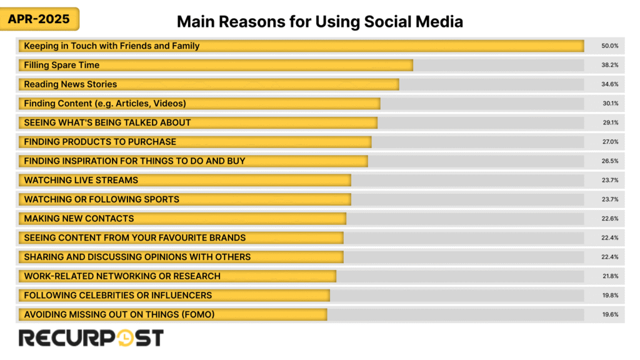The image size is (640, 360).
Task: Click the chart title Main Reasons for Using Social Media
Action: (319, 22)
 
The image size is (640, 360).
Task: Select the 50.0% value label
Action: (610, 46)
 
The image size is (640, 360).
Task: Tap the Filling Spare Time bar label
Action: (62, 65)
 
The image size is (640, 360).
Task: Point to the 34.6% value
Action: (610, 84)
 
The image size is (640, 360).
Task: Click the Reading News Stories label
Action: (71, 84)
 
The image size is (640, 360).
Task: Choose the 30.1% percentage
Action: (610, 104)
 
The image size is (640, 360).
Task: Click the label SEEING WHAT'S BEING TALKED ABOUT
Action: (107, 122)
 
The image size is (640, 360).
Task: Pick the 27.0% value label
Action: (610, 142)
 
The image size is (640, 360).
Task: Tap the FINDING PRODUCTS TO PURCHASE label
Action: (100, 142)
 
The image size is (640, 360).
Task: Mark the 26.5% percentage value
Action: (610, 161)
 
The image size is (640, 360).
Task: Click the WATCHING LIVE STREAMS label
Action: (81, 180)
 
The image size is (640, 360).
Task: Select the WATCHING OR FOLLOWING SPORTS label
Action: (102, 199)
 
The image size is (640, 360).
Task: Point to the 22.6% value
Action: (610, 219)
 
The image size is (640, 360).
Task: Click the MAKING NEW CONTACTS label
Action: (79, 219)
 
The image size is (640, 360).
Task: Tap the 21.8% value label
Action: (610, 276)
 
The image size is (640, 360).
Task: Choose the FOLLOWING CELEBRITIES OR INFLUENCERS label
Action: (118, 295)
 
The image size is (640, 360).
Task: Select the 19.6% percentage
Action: (610, 314)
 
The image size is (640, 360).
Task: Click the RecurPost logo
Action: (91, 338)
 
